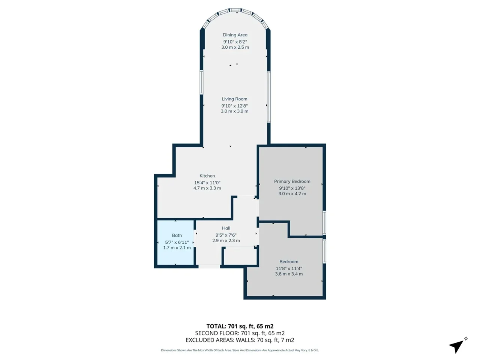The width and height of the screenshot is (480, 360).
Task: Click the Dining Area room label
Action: coord(235,35)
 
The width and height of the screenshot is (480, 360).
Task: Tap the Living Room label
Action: coord(234,99)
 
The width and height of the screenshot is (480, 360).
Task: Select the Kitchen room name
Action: coord(207,176)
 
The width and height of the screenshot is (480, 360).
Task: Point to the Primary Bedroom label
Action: coord(292,181)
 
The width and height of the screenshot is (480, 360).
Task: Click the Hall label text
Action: coord(226,228)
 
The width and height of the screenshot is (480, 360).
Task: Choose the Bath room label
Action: coord(177,235)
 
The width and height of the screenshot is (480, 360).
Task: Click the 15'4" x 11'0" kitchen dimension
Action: coord(207,183)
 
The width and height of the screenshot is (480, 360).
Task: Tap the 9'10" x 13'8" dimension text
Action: coord(292,188)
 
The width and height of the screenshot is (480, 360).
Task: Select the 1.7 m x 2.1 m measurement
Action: coord(177,247)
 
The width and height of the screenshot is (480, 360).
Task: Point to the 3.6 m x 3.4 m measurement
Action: coord(289,274)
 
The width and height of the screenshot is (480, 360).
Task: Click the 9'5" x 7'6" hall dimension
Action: coord(226,235)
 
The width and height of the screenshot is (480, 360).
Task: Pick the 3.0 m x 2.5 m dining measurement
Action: coord(235,47)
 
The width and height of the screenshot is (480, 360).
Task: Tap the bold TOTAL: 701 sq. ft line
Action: coord(240,326)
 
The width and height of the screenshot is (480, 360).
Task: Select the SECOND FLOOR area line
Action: coord(240,333)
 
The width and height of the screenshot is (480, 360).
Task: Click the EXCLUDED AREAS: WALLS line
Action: coord(240,340)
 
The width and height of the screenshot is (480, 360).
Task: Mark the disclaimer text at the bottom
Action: coord(240,350)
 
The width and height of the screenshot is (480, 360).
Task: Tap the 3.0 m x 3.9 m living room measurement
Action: coord(234,111)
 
